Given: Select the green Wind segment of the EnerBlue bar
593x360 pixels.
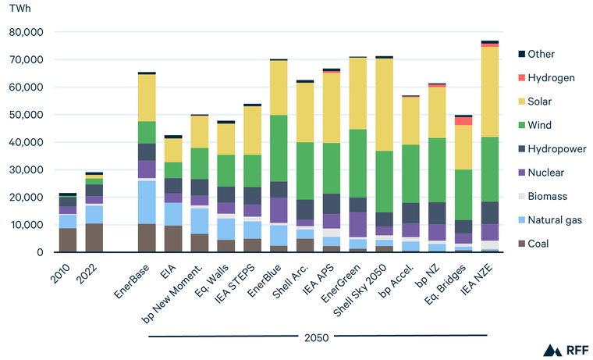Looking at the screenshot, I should click(x=279, y=148).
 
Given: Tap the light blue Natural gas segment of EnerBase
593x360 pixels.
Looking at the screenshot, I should click(x=147, y=201).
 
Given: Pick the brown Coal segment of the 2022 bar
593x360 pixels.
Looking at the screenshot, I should click(x=94, y=237).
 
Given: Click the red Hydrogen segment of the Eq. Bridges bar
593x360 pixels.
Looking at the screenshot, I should click(x=463, y=120).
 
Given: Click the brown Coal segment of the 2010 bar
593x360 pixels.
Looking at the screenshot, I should click(x=68, y=240).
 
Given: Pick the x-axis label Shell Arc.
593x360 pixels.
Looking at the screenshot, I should click(x=293, y=278).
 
